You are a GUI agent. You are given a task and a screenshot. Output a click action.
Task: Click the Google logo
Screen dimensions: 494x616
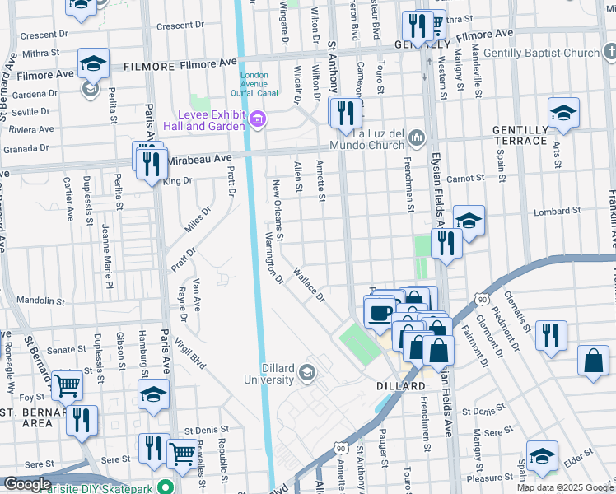point(27,484)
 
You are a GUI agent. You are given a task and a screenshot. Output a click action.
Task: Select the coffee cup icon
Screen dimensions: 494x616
point(380,313)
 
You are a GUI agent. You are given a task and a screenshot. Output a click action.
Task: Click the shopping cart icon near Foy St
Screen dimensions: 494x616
point(67,384)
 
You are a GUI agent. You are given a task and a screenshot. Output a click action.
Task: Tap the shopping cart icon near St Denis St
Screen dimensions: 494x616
point(182,452)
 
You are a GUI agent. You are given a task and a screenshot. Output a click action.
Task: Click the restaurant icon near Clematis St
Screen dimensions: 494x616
point(551,335)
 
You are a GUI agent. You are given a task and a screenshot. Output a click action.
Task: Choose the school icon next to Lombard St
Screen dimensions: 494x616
point(469,221)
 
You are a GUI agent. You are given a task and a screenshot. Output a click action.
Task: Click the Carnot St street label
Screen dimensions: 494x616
point(465,178)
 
